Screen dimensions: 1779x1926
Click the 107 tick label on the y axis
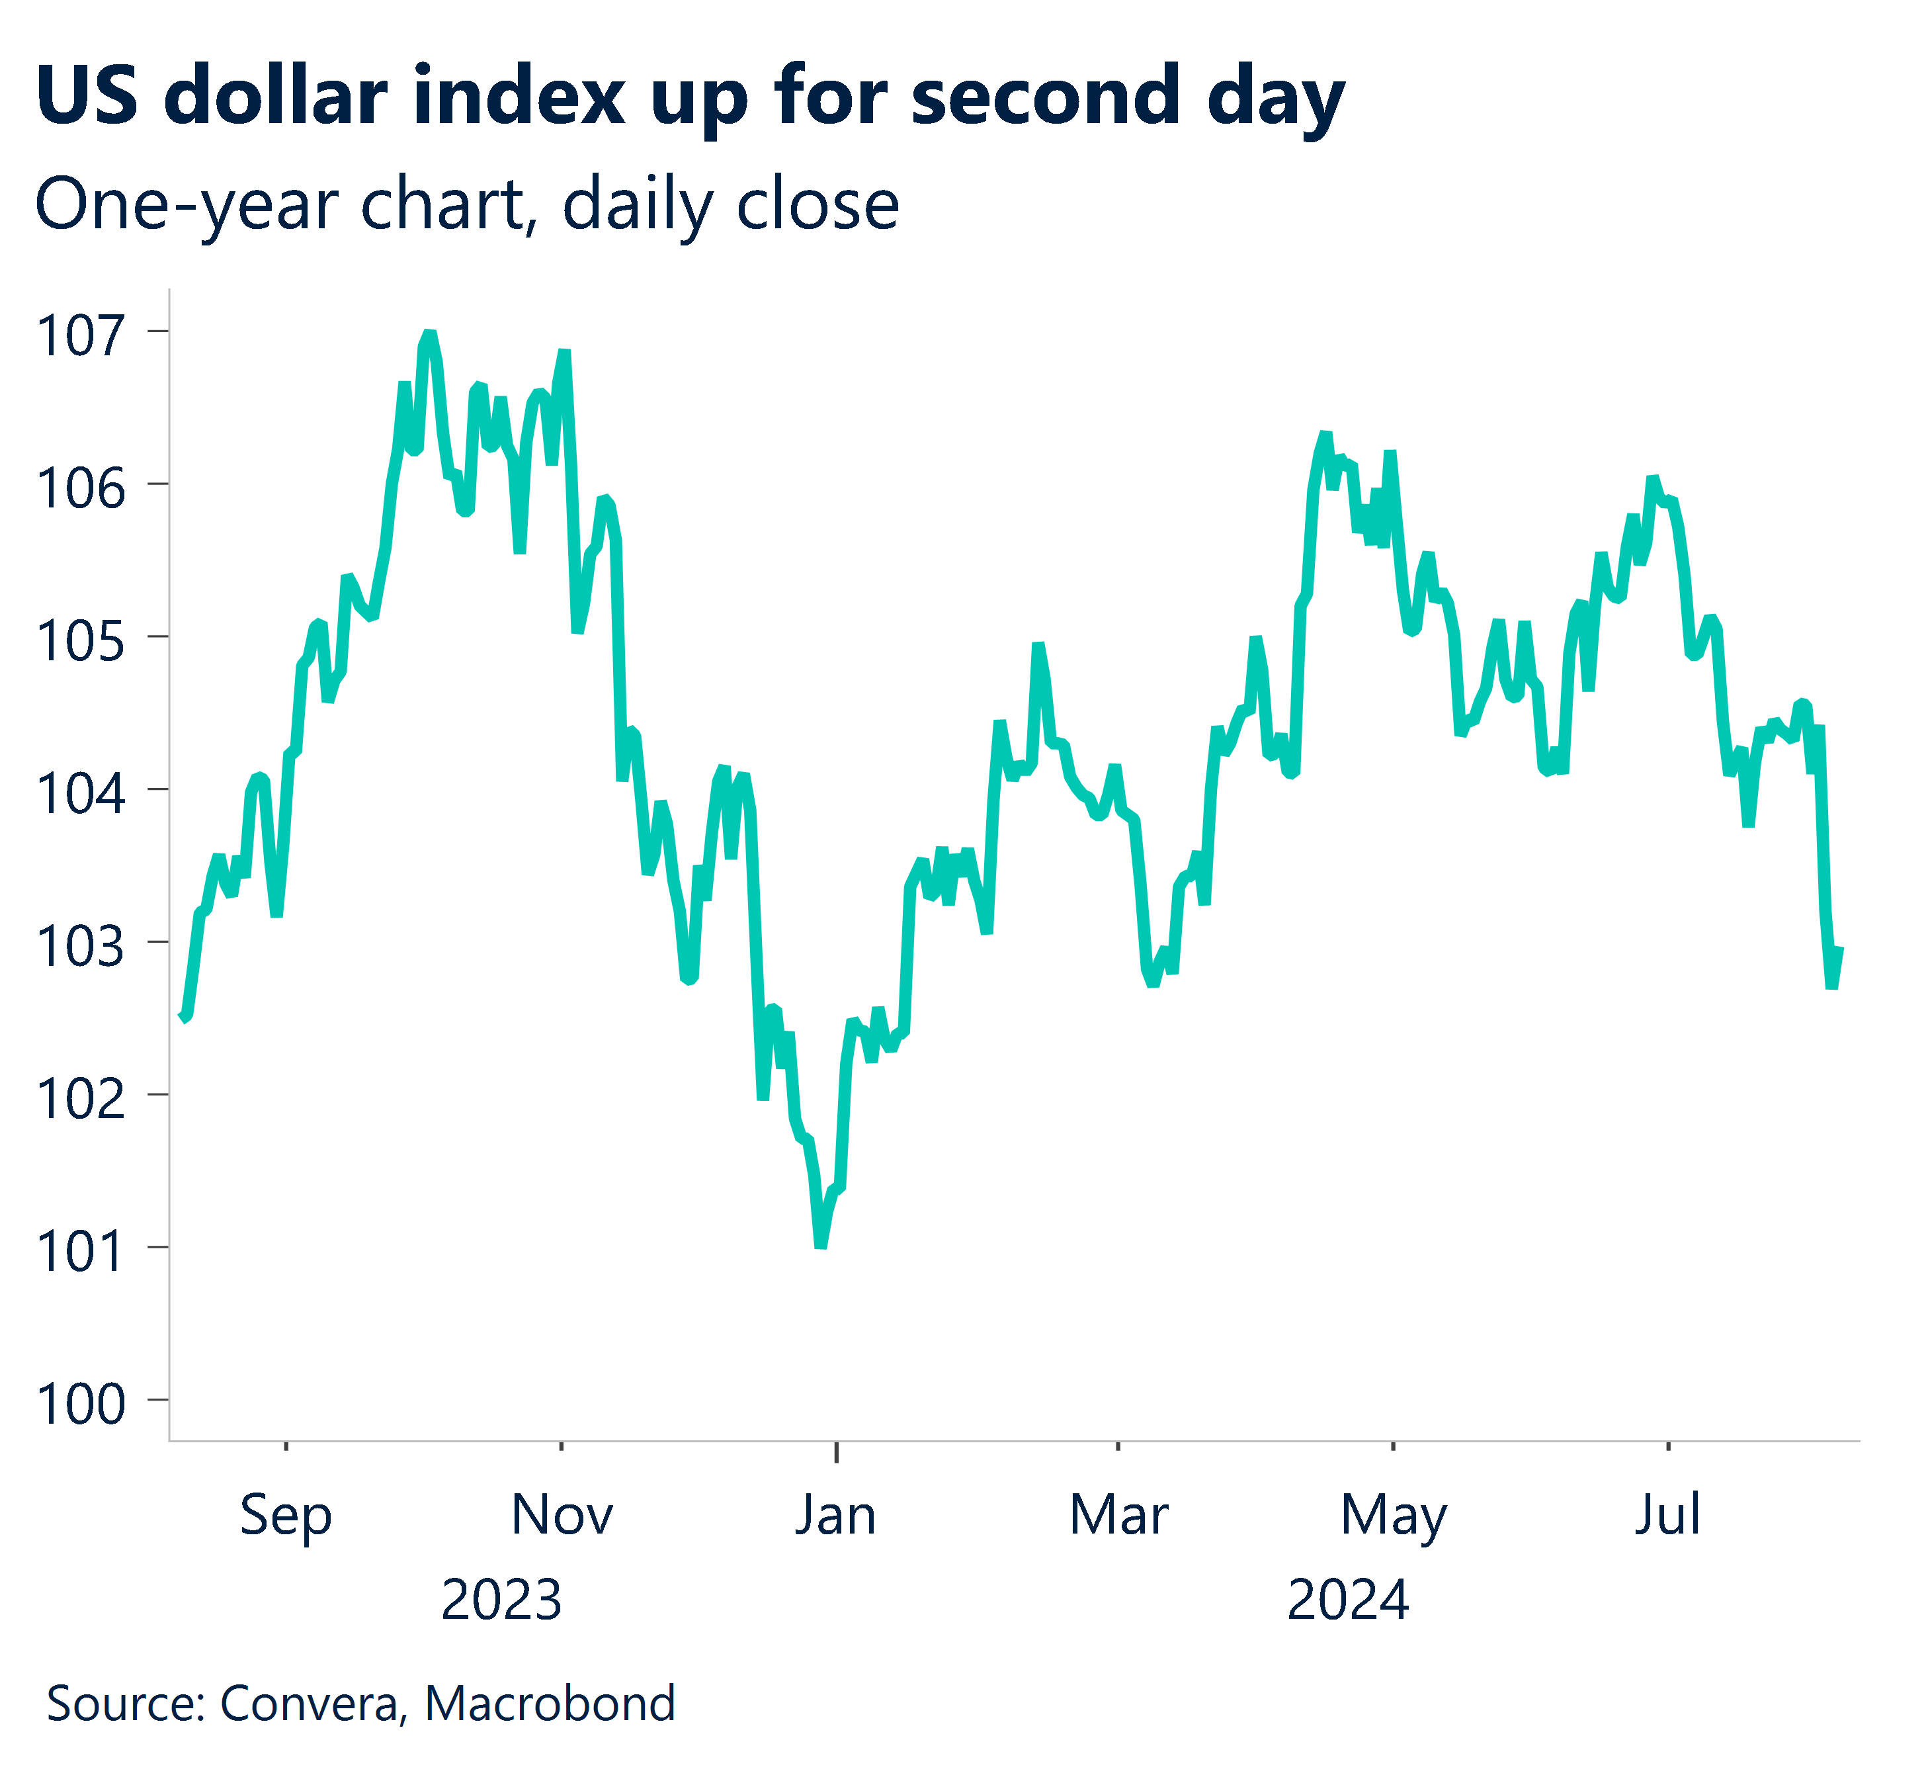(x=80, y=336)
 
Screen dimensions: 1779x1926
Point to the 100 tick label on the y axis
(x=80, y=1405)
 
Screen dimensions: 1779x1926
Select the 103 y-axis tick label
(x=80, y=946)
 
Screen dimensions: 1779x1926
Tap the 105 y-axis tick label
(x=80, y=641)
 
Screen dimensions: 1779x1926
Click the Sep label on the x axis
(x=285, y=1515)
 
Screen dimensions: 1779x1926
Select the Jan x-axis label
(x=835, y=1515)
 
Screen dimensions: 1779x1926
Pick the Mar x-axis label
(x=1118, y=1515)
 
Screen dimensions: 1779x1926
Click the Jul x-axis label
(x=1667, y=1515)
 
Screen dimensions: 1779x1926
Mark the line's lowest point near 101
(x=821, y=1246)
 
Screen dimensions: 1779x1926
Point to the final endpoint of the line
(x=1839, y=949)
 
